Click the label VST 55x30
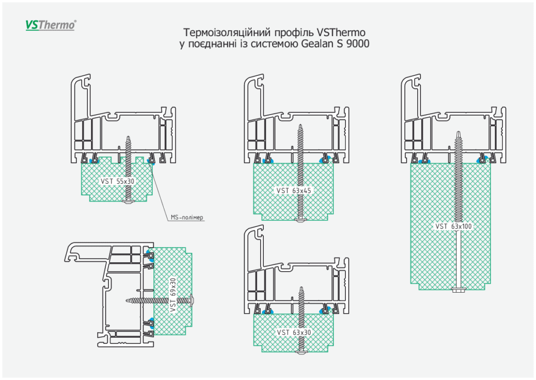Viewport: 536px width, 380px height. pyautogui.click(x=117, y=181)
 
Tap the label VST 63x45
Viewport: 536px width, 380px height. pyautogui.click(x=294, y=191)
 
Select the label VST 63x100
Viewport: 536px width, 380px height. pyautogui.click(x=453, y=227)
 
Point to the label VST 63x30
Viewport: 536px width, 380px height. pyautogui.click(x=294, y=333)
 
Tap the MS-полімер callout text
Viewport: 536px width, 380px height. pyautogui.click(x=186, y=217)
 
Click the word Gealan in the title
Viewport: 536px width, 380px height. pyautogui.click(x=316, y=44)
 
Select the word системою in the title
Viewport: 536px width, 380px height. pyautogui.click(x=273, y=44)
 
